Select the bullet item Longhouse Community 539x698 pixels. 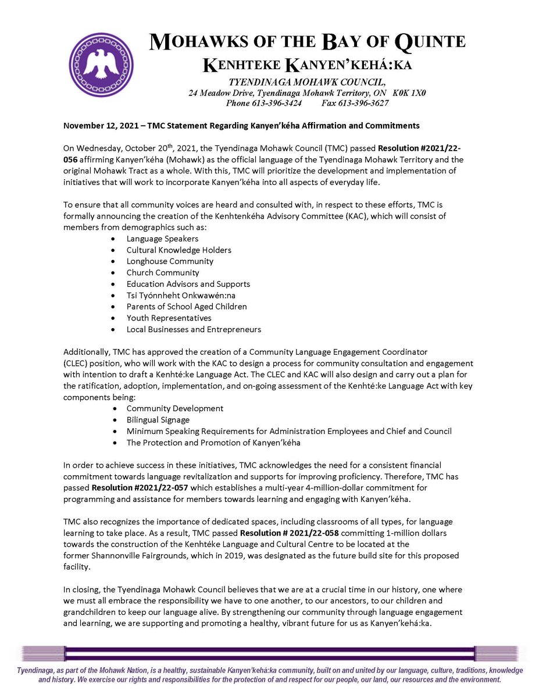[170, 261]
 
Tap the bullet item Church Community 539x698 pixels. [163, 272]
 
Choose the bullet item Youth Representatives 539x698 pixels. [169, 318]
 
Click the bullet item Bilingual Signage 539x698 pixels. [158, 419]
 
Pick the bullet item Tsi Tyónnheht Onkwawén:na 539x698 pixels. [181, 295]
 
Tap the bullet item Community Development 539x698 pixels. [174, 408]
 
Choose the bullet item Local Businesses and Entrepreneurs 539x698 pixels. [194, 329]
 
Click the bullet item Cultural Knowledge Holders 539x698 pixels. [179, 250]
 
